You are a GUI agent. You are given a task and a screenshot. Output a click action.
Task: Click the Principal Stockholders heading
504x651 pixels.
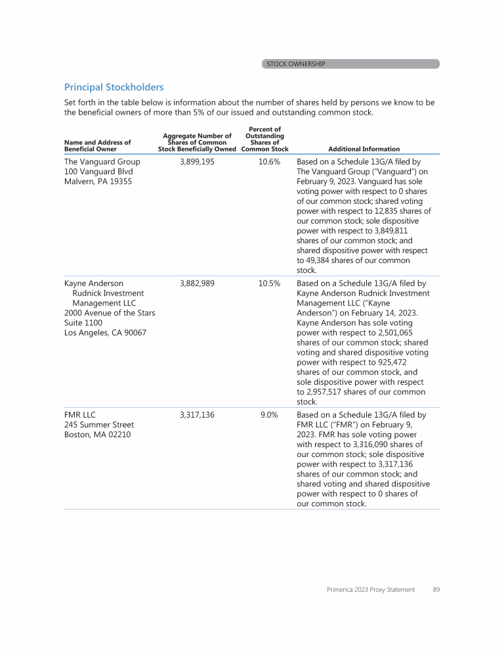pyautogui.click(x=114, y=87)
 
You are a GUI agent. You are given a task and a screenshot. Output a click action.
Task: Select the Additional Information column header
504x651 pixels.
pyautogui.click(x=364, y=149)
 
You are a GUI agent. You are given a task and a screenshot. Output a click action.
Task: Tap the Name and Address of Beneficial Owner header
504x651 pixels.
pyautogui.click(x=97, y=146)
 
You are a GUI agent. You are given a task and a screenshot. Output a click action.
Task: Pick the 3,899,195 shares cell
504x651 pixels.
pyautogui.click(x=197, y=161)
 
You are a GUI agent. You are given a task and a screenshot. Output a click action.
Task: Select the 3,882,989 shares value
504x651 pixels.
pyautogui.click(x=197, y=284)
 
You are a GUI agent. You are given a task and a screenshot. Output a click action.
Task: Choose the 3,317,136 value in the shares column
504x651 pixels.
pyautogui.click(x=197, y=415)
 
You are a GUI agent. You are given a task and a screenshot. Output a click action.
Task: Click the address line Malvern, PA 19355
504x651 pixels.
pyautogui.click(x=98, y=181)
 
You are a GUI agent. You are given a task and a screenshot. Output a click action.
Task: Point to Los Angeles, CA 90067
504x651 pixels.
pyautogui.click(x=105, y=332)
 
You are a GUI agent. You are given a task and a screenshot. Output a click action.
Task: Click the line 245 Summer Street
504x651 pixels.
pyautogui.click(x=99, y=425)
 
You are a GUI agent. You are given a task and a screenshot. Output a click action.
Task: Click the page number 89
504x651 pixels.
pyautogui.click(x=436, y=589)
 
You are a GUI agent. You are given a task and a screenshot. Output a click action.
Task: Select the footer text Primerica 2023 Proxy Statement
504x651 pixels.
pyautogui.click(x=371, y=589)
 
